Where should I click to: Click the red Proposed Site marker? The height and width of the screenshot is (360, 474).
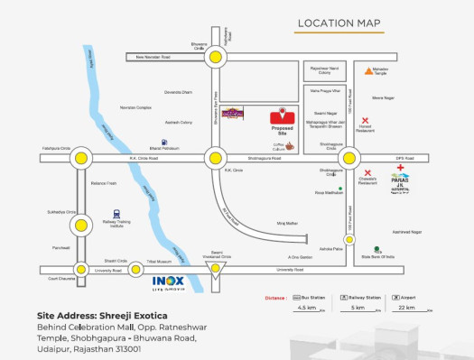click(283, 115)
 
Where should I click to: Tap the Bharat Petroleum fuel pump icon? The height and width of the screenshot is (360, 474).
click(163, 142)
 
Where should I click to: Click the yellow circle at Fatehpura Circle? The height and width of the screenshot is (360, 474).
click(82, 158)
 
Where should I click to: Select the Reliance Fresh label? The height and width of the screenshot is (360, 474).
click(105, 183)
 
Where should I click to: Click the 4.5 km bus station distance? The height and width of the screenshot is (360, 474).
click(307, 308)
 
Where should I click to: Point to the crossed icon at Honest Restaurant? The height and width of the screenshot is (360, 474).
click(365, 120)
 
